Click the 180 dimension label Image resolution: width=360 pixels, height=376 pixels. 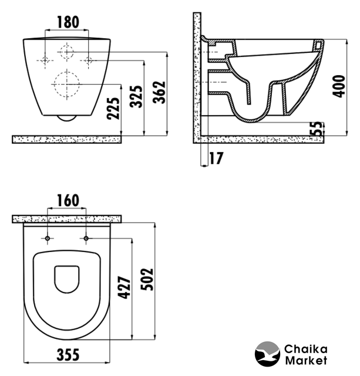(x=68, y=22)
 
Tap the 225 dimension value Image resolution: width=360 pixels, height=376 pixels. (x=113, y=108)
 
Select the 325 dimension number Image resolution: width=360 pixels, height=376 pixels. (x=136, y=96)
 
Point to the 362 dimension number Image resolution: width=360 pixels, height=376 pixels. (x=159, y=92)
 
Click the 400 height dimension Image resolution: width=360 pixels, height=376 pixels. (x=339, y=86)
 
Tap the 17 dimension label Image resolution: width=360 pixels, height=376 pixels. (x=216, y=158)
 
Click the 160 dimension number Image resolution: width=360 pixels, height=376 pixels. (x=68, y=200)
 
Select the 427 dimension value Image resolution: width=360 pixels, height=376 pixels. (x=125, y=287)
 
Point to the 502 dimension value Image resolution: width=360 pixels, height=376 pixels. (x=147, y=279)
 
